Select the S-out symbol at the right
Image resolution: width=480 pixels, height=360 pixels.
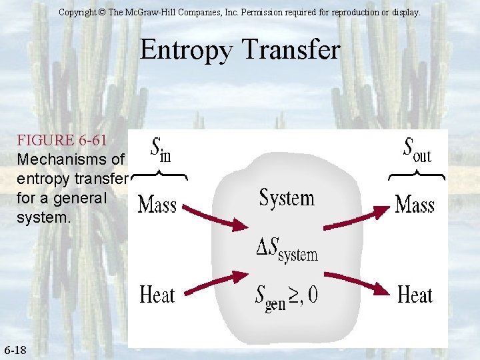click(x=417, y=151)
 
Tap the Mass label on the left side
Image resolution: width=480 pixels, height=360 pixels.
click(x=157, y=205)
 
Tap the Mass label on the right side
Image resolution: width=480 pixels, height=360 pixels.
click(x=415, y=205)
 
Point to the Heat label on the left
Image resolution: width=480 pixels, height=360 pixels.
click(x=157, y=294)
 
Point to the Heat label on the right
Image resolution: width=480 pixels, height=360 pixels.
click(x=415, y=294)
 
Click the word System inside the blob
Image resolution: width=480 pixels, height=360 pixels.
click(x=287, y=198)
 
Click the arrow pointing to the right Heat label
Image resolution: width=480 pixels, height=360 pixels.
click(x=360, y=283)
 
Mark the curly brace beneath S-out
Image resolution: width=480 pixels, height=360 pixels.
click(x=417, y=176)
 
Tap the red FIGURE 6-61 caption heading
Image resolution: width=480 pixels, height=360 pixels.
click(x=61, y=141)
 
